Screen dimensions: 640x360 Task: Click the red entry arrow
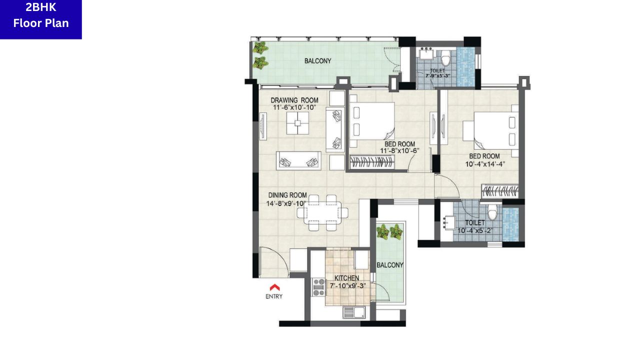click(x=274, y=287)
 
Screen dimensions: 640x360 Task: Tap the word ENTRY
click(x=274, y=296)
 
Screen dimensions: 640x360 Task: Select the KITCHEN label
click(x=346, y=278)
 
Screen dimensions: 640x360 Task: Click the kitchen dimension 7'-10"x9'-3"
click(x=347, y=285)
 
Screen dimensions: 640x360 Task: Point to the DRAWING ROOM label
click(x=294, y=100)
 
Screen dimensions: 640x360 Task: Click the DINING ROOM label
click(x=287, y=195)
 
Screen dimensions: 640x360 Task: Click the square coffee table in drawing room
click(x=297, y=123)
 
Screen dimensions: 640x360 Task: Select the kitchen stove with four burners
click(x=318, y=287)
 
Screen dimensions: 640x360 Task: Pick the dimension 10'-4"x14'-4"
click(x=485, y=164)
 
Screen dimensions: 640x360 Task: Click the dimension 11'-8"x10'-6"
click(x=399, y=150)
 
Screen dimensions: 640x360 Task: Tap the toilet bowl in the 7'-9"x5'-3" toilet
click(x=445, y=58)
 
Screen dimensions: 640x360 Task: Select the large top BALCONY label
click(x=317, y=61)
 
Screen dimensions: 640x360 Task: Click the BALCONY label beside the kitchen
click(x=389, y=265)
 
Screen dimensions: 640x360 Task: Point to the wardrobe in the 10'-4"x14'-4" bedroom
click(x=500, y=191)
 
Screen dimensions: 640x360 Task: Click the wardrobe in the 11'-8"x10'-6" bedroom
click(x=372, y=162)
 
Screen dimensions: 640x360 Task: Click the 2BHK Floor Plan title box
click(x=41, y=19)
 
